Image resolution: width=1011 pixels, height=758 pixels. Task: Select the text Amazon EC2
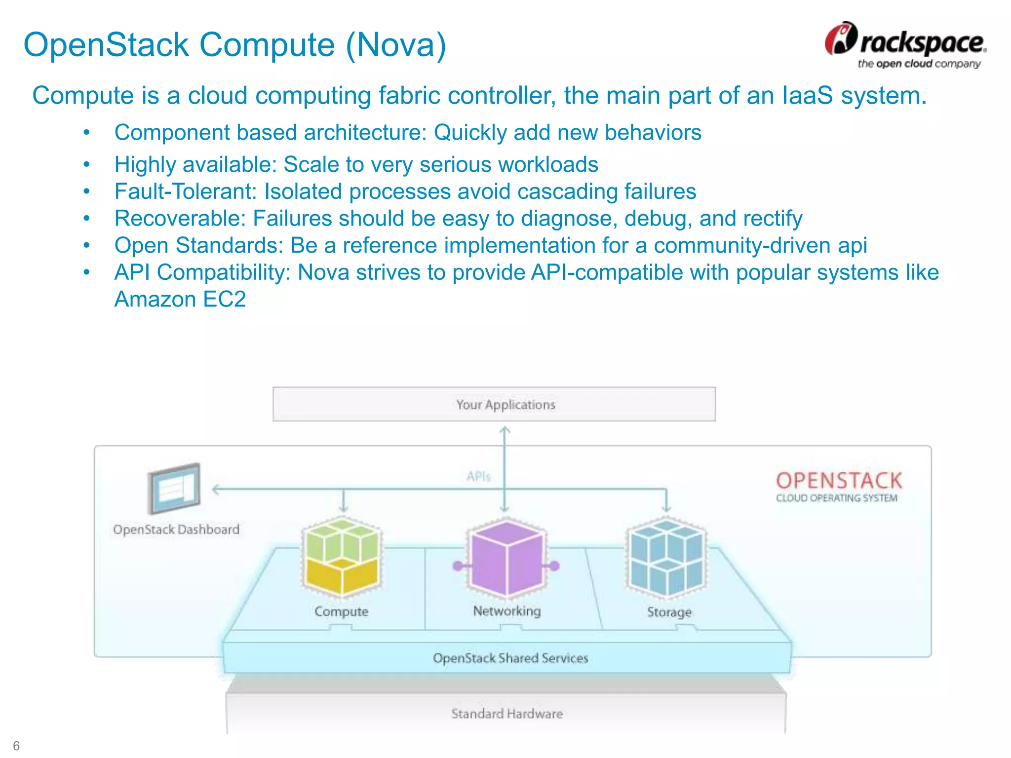(x=180, y=300)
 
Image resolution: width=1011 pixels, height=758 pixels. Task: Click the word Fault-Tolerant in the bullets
(x=186, y=192)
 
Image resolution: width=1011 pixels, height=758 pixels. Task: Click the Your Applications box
(x=494, y=404)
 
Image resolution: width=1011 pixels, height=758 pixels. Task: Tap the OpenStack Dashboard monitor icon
(x=174, y=488)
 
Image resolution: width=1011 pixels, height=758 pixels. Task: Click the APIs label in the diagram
(x=478, y=477)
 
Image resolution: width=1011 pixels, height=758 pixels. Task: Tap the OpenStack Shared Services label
(x=510, y=658)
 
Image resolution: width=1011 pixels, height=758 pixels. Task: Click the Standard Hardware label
(x=507, y=714)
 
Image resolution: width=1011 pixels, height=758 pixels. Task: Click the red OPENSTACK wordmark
(x=839, y=481)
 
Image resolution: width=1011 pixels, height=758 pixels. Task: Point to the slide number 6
(x=16, y=745)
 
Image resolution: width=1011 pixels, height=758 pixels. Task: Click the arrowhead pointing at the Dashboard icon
(x=215, y=490)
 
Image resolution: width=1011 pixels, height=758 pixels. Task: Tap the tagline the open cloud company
(x=919, y=64)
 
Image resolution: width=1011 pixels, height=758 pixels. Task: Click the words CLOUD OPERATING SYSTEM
(x=836, y=498)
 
